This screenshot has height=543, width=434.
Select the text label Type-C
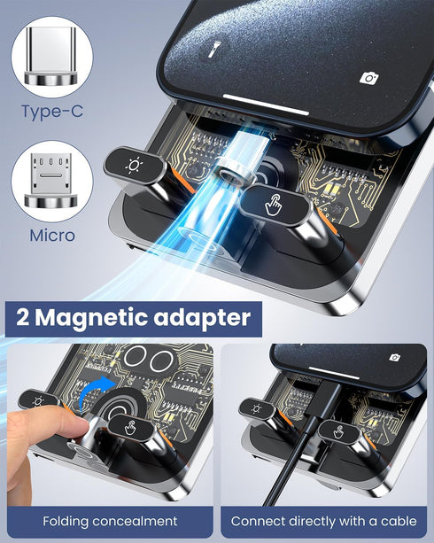coord(52,112)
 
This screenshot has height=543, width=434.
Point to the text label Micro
coord(52,236)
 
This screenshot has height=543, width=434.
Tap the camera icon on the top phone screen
coord(369,78)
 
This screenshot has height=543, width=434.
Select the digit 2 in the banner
coord(22,317)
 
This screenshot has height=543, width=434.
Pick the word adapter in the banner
coord(206,317)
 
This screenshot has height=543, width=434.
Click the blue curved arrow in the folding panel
coord(94,394)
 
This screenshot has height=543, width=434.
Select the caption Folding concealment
coord(110,521)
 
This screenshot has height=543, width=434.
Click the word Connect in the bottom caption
coord(260,521)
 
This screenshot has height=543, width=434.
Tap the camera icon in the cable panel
coord(395,358)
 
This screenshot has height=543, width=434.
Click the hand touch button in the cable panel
coord(337,430)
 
